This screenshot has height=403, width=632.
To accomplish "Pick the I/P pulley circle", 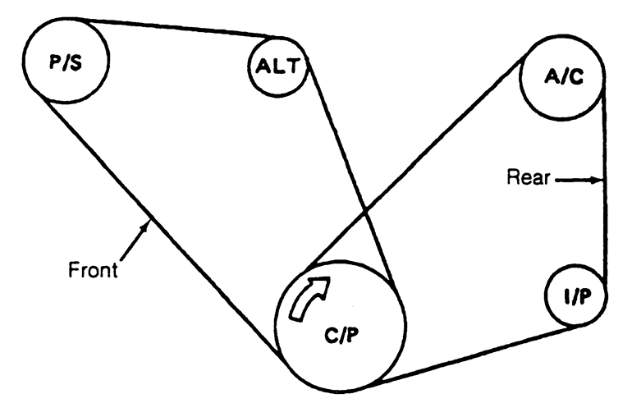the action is coord(577,295).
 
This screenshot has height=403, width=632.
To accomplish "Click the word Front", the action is coord(93,269).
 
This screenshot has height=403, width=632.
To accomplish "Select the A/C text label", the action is coord(561,79).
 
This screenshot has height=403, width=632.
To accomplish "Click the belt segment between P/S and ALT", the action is coord(176,27).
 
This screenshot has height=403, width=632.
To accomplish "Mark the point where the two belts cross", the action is coord(364,216).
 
